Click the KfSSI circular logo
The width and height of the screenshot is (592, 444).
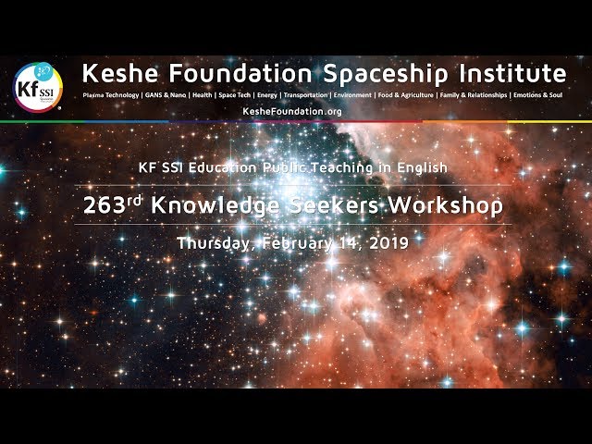[38, 88]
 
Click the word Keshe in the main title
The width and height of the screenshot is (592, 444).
[120, 73]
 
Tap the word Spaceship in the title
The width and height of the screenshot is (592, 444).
[387, 74]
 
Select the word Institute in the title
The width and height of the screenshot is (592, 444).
[512, 73]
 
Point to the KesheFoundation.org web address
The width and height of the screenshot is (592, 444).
[292, 111]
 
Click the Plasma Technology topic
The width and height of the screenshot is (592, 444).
[111, 95]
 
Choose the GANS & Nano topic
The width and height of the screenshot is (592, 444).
[166, 95]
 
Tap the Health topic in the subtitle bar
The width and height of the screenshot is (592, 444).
[203, 95]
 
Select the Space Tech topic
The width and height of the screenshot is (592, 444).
[234, 95]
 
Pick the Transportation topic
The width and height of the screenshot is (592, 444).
[305, 95]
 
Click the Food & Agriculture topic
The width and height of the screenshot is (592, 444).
[405, 95]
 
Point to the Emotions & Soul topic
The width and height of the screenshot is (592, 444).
[537, 95]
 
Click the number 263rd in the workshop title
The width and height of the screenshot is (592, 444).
[113, 205]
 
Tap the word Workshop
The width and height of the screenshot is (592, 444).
[446, 206]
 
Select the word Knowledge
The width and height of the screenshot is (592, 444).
[216, 206]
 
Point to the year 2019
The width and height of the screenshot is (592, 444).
[388, 243]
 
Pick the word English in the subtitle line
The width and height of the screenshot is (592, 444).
[422, 167]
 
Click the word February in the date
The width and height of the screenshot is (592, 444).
[297, 243]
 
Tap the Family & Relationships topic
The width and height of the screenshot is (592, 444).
[474, 95]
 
